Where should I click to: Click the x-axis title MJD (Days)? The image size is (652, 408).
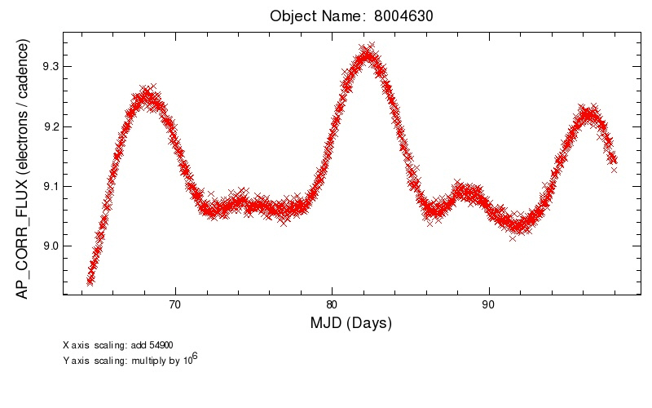pos(351,323)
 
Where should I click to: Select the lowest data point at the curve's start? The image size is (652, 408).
pos(90,282)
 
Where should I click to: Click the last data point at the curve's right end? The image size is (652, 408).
pos(614,169)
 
